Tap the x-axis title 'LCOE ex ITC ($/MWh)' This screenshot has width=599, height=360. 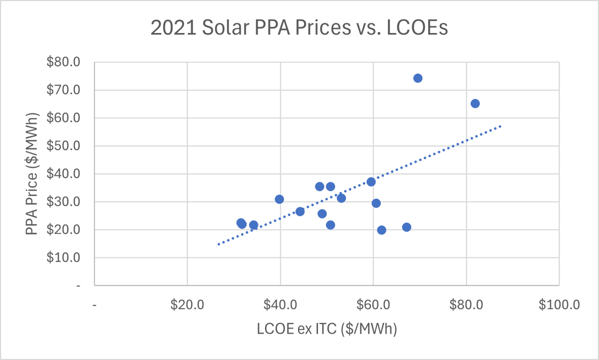[327, 330]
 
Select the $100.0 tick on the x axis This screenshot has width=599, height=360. [559, 305]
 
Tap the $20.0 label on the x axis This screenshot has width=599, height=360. [187, 305]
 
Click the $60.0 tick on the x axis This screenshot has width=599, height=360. [373, 305]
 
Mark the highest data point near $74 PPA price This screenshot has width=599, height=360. [418, 78]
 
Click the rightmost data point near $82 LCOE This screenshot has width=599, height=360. [475, 103]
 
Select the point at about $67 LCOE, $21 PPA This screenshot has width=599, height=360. [407, 227]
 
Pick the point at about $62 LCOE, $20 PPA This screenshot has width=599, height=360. [382, 230]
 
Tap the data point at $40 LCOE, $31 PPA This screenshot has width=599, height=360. [280, 199]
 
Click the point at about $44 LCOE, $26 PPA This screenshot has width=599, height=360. [300, 212]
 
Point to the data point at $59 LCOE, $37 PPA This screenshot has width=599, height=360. [371, 182]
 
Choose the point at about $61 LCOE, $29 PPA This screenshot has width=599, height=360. [376, 203]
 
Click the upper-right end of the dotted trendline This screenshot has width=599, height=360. [500, 126]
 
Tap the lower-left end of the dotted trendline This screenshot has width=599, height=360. [218, 244]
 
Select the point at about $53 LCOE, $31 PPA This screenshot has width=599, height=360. [341, 198]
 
